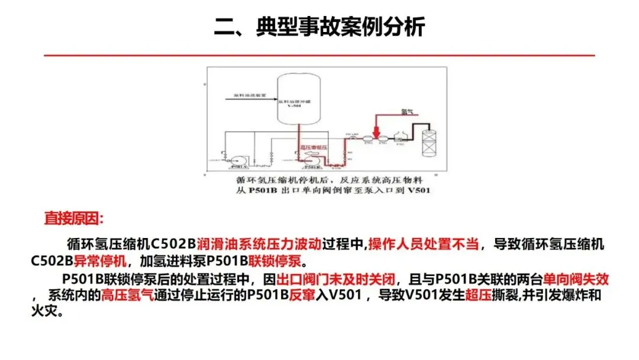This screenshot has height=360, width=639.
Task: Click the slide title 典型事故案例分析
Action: point(319,27)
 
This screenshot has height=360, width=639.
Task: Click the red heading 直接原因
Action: point(73,218)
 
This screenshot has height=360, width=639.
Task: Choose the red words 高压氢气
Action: point(127,295)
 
